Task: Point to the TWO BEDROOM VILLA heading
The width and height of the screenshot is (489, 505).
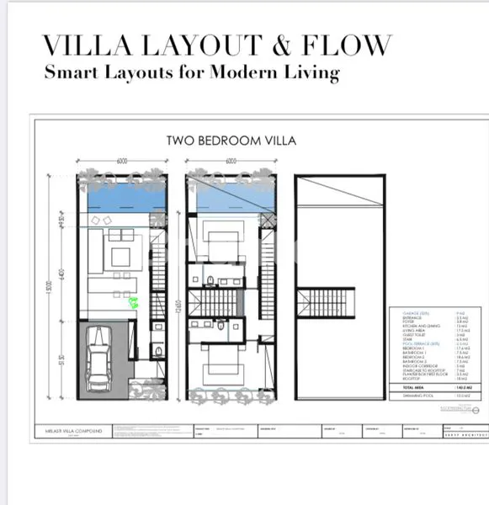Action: [231, 141]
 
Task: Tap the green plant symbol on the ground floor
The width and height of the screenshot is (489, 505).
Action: [133, 304]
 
